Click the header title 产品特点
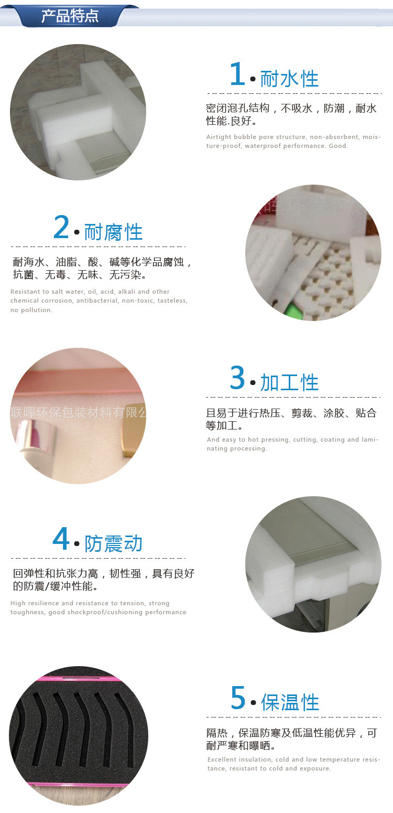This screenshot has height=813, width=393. [70, 16]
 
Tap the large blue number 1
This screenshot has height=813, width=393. [237, 74]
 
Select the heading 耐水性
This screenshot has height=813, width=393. [289, 79]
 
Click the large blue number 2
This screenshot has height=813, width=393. [61, 228]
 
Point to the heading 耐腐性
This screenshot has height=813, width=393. [113, 232]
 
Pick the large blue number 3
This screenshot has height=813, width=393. [237, 378]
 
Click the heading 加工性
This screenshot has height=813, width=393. [289, 383]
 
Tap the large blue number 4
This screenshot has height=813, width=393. [61, 539]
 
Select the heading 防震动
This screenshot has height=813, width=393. [113, 544]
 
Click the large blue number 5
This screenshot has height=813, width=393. [238, 698]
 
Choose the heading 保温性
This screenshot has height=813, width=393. [290, 702]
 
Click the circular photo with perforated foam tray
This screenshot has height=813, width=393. [313, 253]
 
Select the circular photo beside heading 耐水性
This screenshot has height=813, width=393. [78, 112]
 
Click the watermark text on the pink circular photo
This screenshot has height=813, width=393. [79, 413]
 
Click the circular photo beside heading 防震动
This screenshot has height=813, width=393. [313, 564]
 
